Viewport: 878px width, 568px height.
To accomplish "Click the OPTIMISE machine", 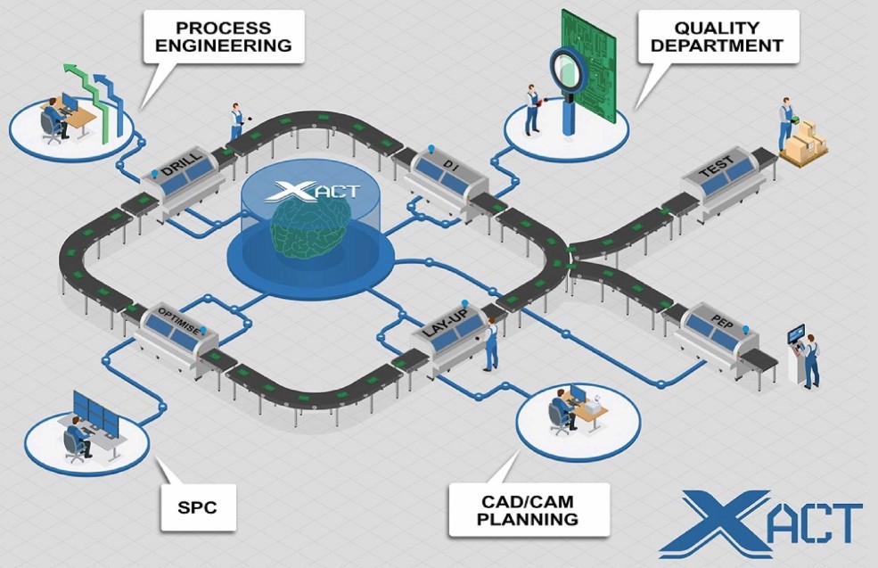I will [x=177, y=329].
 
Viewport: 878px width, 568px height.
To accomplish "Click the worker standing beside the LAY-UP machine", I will [x=490, y=346].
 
